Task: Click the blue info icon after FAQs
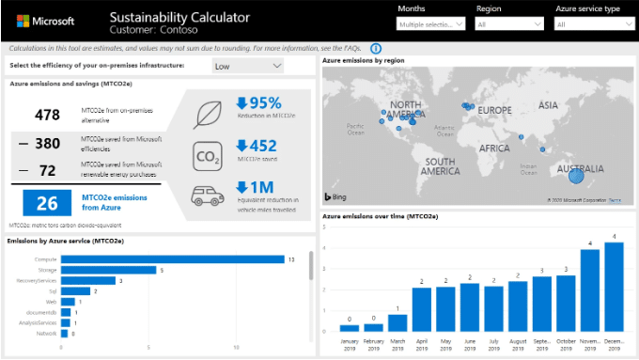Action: tap(376, 48)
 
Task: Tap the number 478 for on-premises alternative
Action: tap(47, 116)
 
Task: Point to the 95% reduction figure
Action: tap(258, 103)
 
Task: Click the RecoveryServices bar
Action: tap(89, 280)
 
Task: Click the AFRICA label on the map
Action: tap(493, 149)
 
